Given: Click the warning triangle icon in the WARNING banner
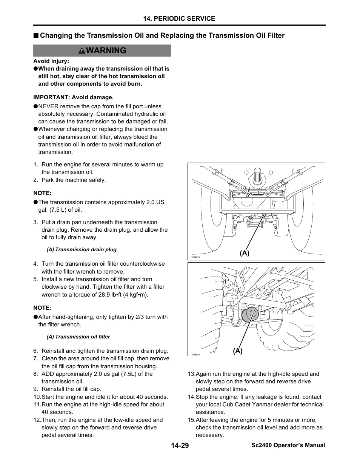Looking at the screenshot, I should pyautogui.click(x=82, y=51).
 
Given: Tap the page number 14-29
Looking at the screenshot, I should pyautogui.click(x=179, y=446).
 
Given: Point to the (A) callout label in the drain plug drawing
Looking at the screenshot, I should pyautogui.click(x=245, y=253).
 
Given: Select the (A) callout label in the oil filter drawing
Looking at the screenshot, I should pyautogui.click(x=237, y=351).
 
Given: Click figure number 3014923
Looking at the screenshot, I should pyautogui.click(x=195, y=257).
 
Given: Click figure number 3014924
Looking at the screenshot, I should pyautogui.click(x=195, y=354).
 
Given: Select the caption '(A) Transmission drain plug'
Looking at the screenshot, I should pyautogui.click(x=81, y=249).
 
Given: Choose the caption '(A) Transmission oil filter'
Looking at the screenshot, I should pyautogui.click(x=78, y=337).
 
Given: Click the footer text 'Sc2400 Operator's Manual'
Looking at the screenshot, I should pyautogui.click(x=288, y=445).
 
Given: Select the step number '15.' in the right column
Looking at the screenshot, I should pyautogui.click(x=191, y=420).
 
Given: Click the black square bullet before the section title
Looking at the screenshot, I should pyautogui.click(x=35, y=36).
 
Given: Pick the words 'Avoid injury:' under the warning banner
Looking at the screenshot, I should pyautogui.click(x=51, y=61).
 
